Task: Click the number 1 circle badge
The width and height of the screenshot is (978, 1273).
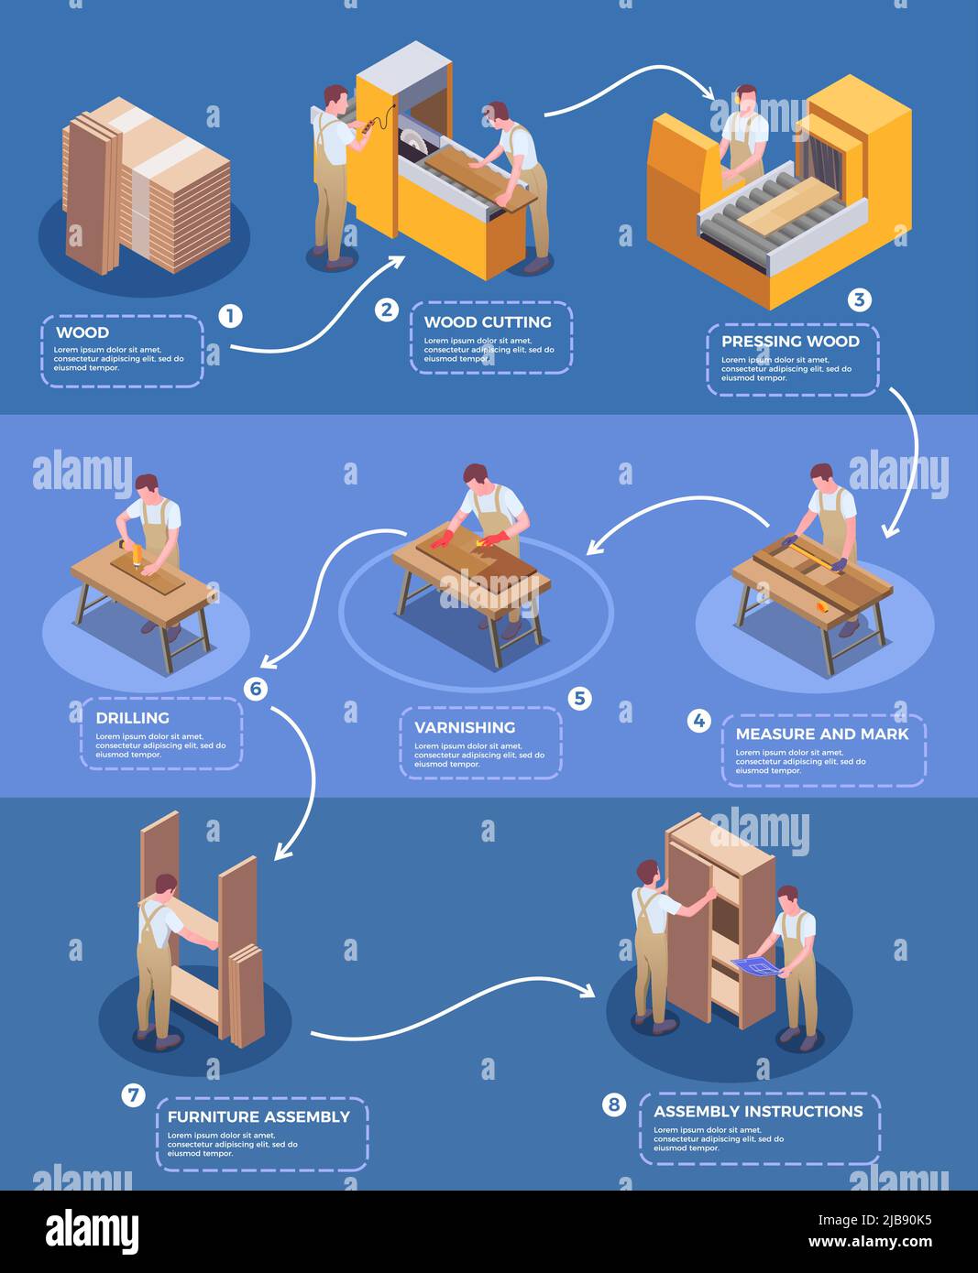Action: click(230, 316)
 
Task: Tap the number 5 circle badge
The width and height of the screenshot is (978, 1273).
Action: click(579, 699)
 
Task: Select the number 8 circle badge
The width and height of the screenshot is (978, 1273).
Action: click(613, 1104)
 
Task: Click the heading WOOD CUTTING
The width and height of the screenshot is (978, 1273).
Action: click(488, 322)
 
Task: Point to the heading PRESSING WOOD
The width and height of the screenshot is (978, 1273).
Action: click(790, 342)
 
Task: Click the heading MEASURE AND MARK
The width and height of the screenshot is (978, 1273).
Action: click(822, 734)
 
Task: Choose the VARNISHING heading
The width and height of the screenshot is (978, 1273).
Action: click(465, 728)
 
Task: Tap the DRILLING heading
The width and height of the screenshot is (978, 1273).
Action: click(133, 718)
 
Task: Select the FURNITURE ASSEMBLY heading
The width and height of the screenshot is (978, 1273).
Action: click(258, 1117)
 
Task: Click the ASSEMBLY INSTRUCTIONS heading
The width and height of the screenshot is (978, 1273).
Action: click(758, 1112)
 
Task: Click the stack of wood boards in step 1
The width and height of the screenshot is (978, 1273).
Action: click(147, 188)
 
